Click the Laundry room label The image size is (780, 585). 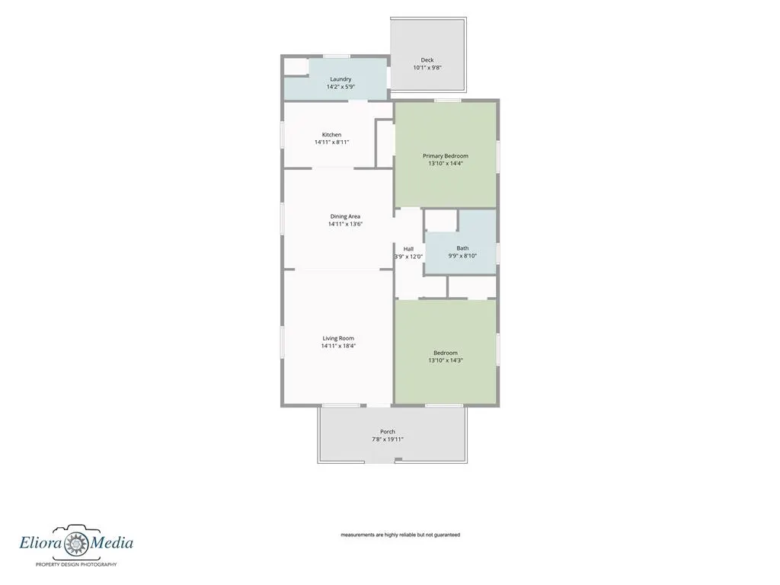340,79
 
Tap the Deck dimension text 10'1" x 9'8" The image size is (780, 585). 427,68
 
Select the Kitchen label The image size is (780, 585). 332,135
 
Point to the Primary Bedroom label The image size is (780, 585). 446,155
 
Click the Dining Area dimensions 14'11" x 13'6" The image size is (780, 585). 345,224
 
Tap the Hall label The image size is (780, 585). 408,249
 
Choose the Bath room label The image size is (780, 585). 462,248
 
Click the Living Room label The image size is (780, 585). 338,338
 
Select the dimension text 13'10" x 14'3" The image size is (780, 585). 446,360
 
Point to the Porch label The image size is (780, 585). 388,432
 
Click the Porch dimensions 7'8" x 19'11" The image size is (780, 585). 388,440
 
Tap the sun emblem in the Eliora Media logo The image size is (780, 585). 76,544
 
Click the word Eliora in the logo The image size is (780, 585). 41,542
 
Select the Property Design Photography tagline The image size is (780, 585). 76,564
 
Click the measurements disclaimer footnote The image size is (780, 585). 401,535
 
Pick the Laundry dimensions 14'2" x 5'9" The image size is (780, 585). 340,87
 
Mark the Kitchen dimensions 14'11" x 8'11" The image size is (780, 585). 332,142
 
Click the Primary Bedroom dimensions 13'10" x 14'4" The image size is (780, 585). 446,163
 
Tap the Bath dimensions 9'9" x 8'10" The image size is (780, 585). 462,256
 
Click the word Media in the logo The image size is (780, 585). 111,542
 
